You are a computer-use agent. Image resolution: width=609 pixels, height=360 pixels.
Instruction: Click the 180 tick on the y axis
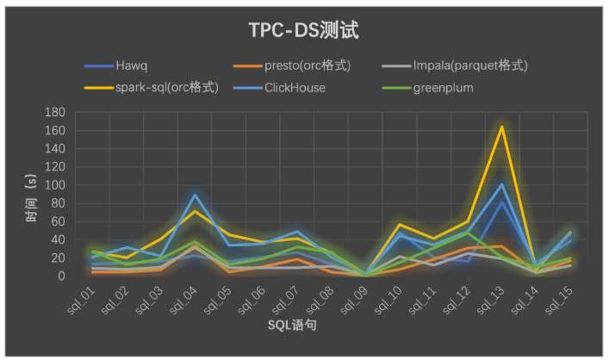[x=58, y=112]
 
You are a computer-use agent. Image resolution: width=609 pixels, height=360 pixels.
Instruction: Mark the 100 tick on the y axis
[x=58, y=185]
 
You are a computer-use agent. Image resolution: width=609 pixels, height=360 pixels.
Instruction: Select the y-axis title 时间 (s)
[x=33, y=198]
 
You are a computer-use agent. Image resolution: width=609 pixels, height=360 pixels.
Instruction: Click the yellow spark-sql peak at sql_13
[x=501, y=127]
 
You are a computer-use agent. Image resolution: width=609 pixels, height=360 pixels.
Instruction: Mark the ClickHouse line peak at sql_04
[x=196, y=195]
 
